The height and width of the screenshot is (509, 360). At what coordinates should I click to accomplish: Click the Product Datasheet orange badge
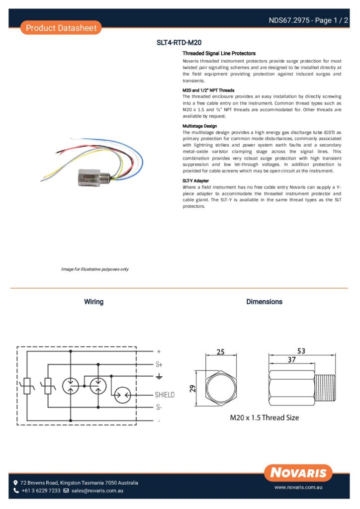pyautogui.click(x=61, y=28)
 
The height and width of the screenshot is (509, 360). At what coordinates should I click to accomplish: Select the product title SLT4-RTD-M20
pyautogui.click(x=179, y=43)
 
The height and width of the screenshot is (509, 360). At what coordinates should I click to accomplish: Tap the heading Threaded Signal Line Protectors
pyautogui.click(x=219, y=53)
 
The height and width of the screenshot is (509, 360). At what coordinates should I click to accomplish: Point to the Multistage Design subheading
pyautogui.click(x=200, y=126)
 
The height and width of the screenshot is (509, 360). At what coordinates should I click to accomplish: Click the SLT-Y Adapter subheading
pyautogui.click(x=196, y=180)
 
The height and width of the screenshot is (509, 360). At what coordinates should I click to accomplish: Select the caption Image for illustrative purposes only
pyautogui.click(x=95, y=269)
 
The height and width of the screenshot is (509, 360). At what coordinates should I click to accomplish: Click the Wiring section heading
pyautogui.click(x=93, y=302)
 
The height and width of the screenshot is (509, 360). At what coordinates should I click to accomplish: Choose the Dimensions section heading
pyautogui.click(x=264, y=302)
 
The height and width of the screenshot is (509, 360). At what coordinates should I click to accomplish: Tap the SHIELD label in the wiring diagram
pyautogui.click(x=165, y=395)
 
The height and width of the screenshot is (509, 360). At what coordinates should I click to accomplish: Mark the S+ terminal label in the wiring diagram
pyautogui.click(x=159, y=364)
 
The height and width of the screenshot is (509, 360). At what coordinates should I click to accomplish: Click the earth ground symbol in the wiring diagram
pyautogui.click(x=159, y=376)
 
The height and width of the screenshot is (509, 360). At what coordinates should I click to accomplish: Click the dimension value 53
pyautogui.click(x=301, y=351)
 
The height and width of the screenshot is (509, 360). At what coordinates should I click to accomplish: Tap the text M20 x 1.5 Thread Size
pyautogui.click(x=264, y=418)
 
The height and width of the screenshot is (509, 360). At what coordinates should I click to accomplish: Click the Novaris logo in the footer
pyautogui.click(x=298, y=472)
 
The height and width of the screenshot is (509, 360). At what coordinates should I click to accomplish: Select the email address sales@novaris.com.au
pyautogui.click(x=97, y=491)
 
